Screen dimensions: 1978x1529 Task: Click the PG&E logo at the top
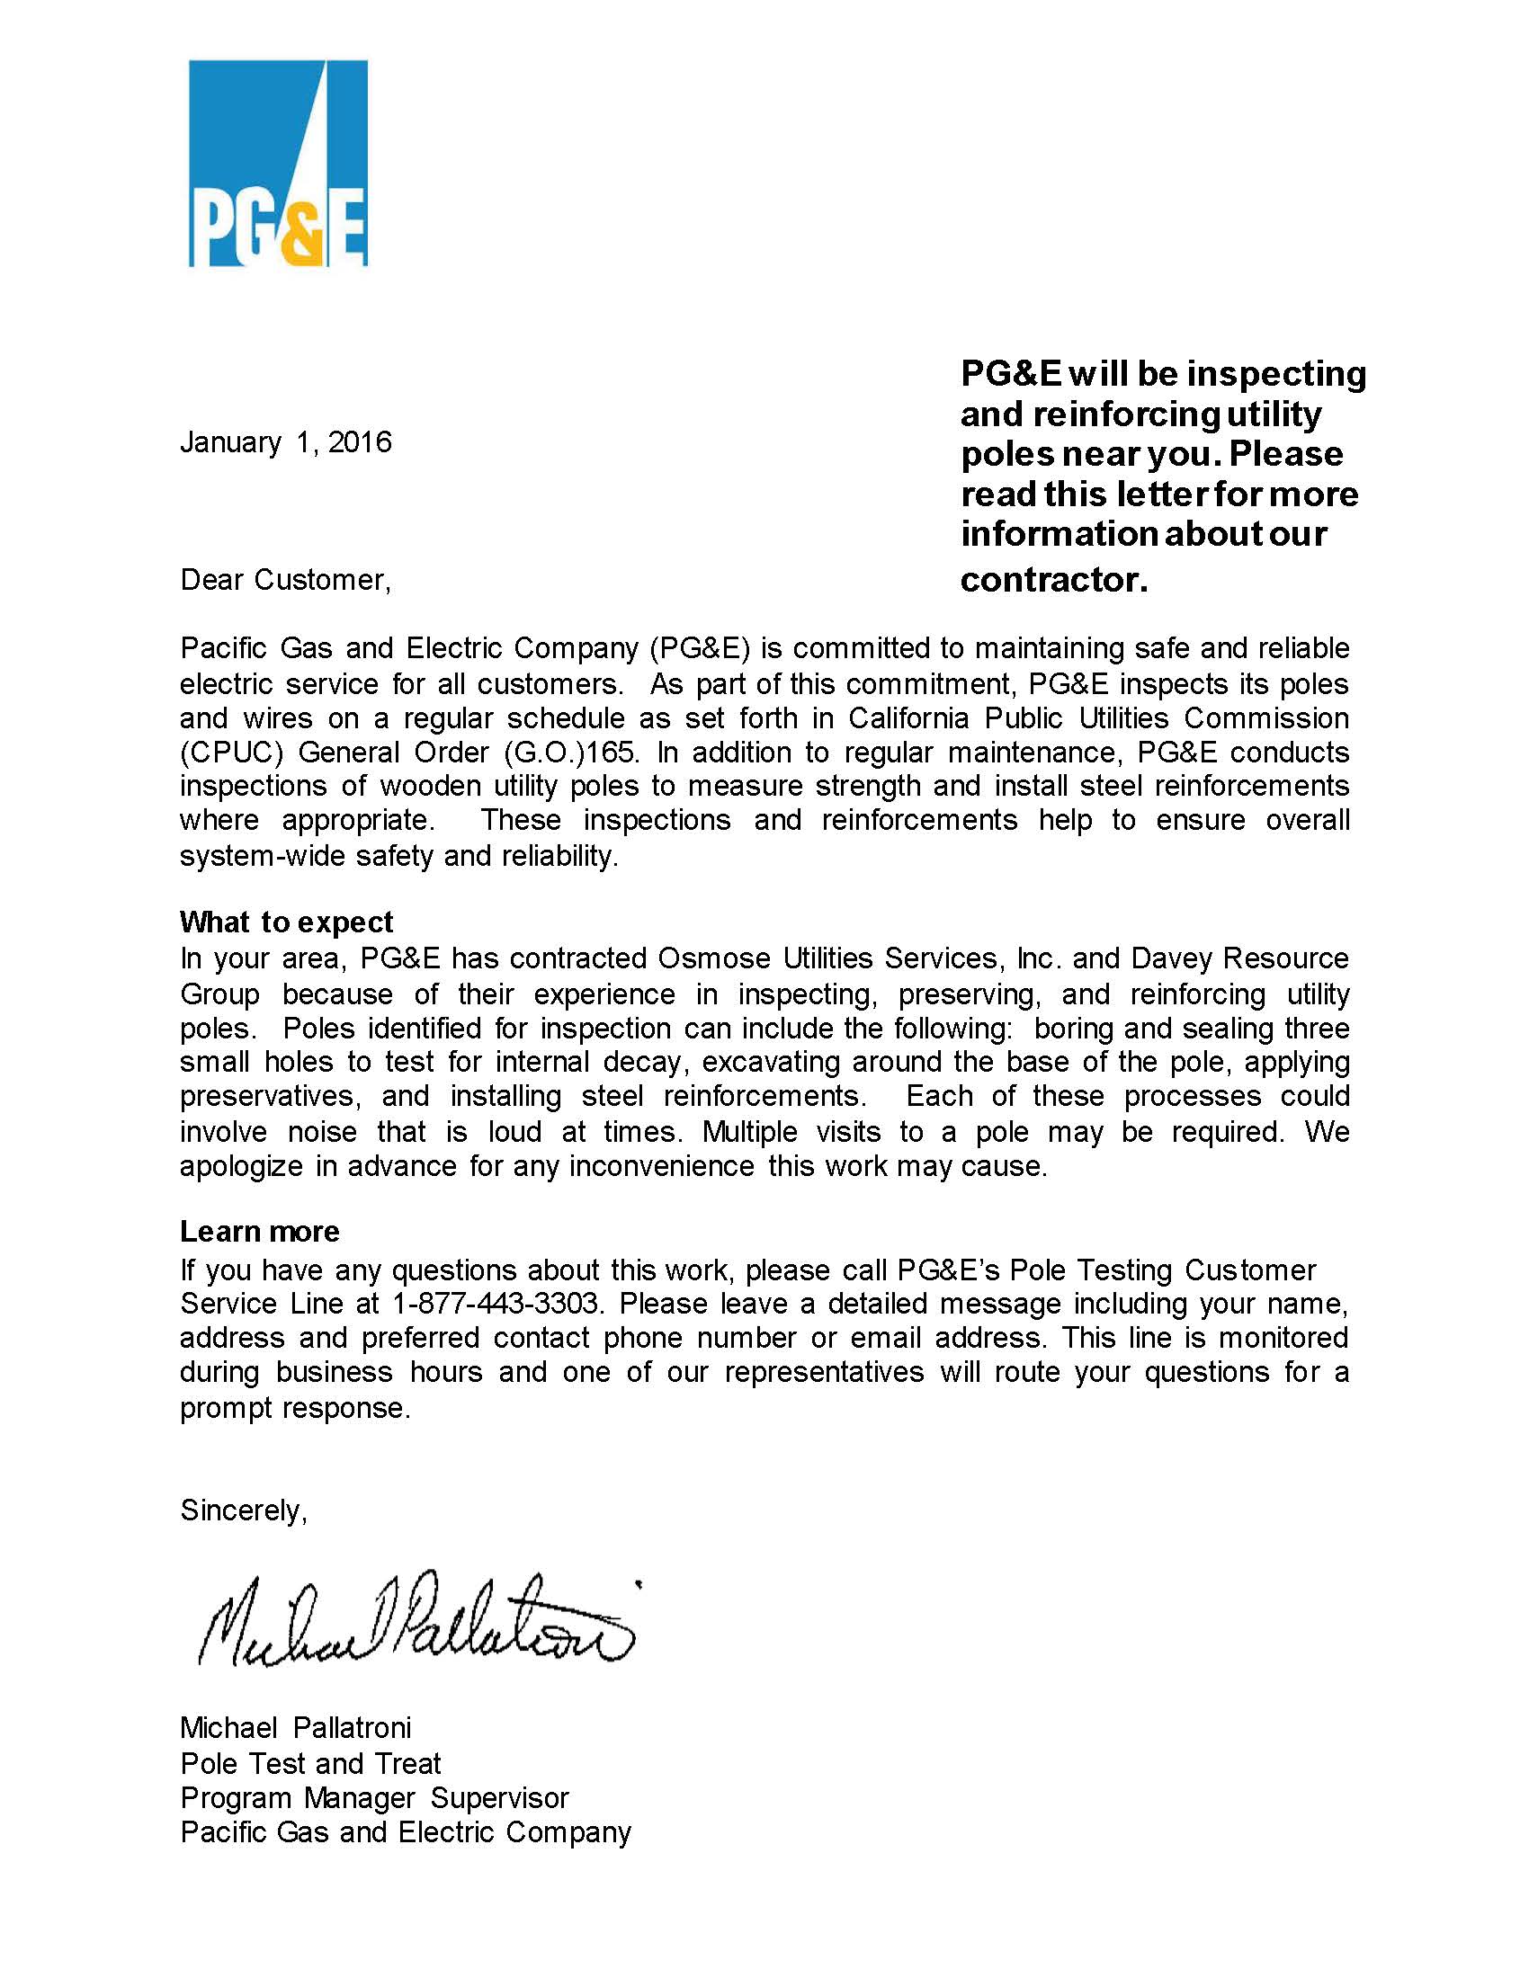coord(277,163)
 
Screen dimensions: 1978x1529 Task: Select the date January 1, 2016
coord(285,442)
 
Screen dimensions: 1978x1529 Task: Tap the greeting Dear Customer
coord(285,580)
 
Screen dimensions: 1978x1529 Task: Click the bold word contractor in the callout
coord(1052,580)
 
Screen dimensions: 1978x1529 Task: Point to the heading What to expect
coord(286,922)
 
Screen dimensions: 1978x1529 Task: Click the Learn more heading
coord(259,1231)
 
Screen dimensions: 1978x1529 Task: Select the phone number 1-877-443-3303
coord(496,1304)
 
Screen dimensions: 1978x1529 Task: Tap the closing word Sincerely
coord(244,1510)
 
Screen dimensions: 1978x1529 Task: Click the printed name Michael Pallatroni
coord(295,1727)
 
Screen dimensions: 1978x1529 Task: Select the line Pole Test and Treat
coord(309,1762)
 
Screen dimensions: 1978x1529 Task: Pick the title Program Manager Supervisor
coord(374,1797)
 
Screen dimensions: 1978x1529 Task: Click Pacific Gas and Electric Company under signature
coord(405,1831)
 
